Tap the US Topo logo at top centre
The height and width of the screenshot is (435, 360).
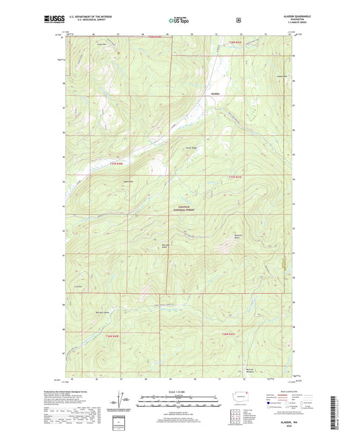coord(180,20)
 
